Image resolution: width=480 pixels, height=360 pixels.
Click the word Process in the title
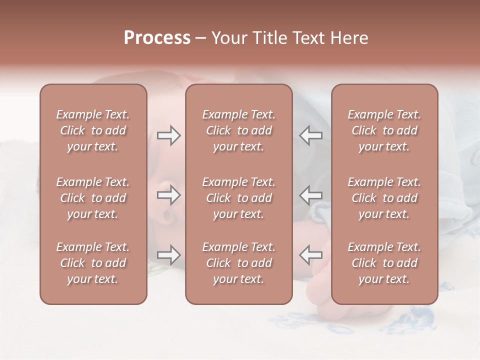(157, 38)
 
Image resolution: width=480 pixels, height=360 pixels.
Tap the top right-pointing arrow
(168, 135)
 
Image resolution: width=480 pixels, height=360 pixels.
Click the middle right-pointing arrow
(168, 195)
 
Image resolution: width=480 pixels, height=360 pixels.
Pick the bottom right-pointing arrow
(168, 255)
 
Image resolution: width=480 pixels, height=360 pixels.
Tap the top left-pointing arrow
(310, 135)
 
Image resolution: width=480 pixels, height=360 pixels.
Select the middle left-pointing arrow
(310, 195)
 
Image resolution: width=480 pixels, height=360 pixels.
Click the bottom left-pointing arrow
(310, 255)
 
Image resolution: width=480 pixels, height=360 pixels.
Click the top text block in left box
(93, 130)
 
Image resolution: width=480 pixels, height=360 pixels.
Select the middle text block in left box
(93, 198)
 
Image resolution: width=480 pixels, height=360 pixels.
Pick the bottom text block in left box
(93, 263)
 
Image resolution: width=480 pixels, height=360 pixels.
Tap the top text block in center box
(238, 130)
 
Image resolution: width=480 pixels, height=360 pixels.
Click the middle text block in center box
(238, 198)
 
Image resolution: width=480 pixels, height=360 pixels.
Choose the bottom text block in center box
(238, 263)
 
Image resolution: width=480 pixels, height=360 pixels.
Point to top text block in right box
(384, 130)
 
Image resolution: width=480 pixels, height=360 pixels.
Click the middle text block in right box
(384, 198)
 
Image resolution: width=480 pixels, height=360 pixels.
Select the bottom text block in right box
(384, 263)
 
